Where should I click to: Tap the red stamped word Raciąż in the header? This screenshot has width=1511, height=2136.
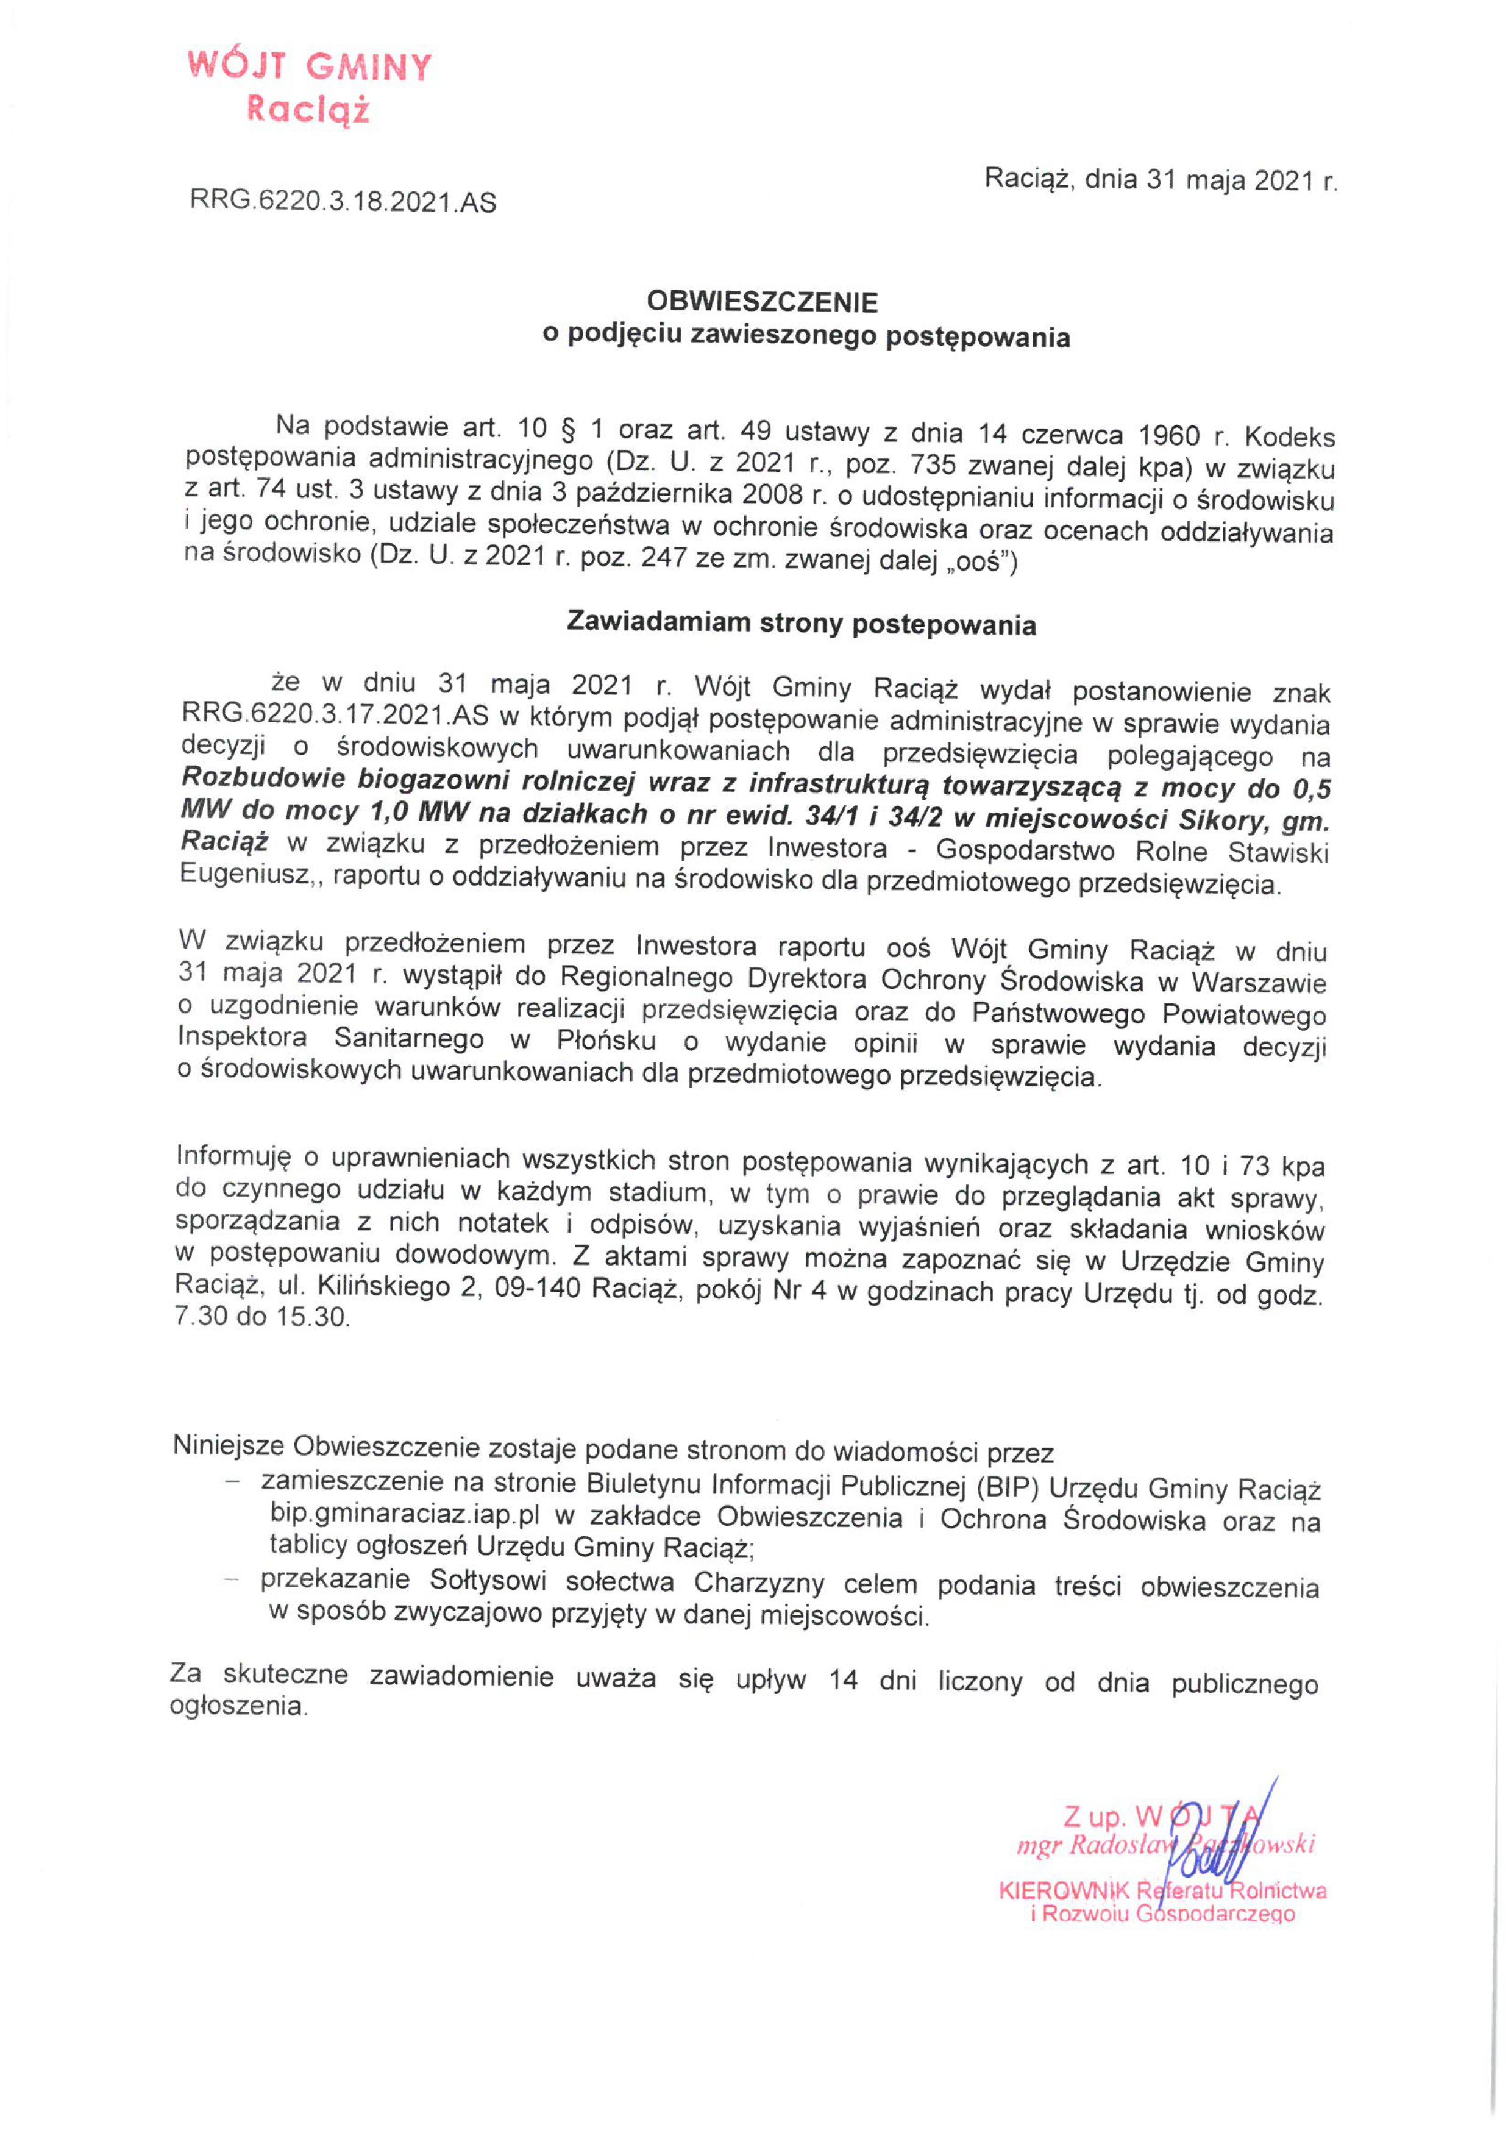click(307, 111)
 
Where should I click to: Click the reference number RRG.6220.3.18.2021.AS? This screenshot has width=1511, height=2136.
click(343, 202)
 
